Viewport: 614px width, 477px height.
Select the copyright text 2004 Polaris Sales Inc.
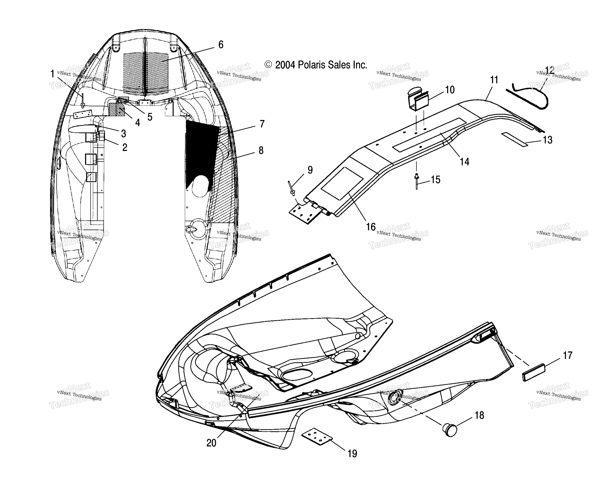316,65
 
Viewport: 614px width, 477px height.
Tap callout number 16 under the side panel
371,227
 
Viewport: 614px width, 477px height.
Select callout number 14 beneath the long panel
464,162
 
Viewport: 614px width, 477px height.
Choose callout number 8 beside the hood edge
261,151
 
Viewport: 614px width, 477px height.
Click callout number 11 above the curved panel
494,80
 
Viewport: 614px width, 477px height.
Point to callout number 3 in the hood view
123,134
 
